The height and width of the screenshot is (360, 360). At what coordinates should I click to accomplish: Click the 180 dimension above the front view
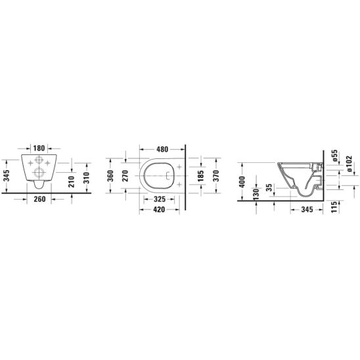tap(39, 148)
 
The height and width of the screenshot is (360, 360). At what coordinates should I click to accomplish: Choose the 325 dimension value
tap(159, 198)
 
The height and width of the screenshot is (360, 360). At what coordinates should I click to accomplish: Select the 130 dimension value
tap(255, 192)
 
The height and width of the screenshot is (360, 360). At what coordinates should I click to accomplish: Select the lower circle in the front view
tap(39, 174)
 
